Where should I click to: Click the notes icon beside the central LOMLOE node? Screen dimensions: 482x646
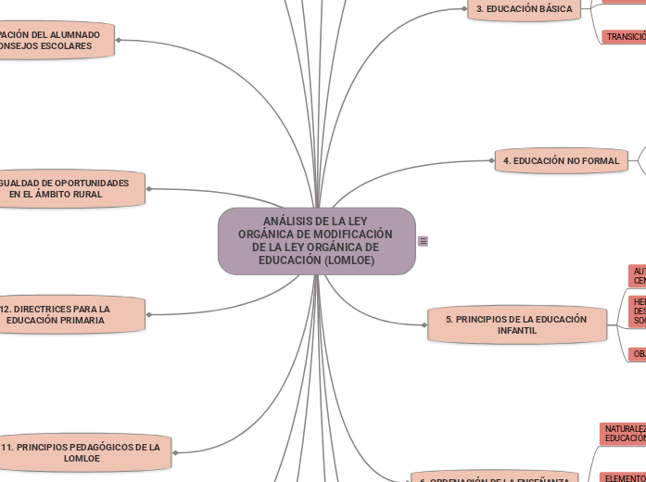[424, 241]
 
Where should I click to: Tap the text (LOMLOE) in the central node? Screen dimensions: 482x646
[344, 260]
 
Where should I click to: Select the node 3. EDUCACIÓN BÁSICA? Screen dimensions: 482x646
[524, 8]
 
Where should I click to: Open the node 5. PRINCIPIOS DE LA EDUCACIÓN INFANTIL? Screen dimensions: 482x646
[516, 324]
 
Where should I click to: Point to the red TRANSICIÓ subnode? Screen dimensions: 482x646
[625, 37]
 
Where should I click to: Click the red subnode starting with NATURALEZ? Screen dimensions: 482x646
[623, 433]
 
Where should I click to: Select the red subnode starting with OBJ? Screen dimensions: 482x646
[637, 354]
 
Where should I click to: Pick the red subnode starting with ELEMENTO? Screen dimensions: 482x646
[623, 478]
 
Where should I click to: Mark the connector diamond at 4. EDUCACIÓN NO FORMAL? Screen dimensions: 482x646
[491, 160]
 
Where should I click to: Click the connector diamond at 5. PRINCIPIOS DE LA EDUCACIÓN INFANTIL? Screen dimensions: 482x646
[424, 324]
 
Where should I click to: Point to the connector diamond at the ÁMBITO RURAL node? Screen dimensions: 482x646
[147, 189]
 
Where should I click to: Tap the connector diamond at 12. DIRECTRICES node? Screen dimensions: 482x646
[148, 314]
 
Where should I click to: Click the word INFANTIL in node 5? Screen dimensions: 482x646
[516, 330]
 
